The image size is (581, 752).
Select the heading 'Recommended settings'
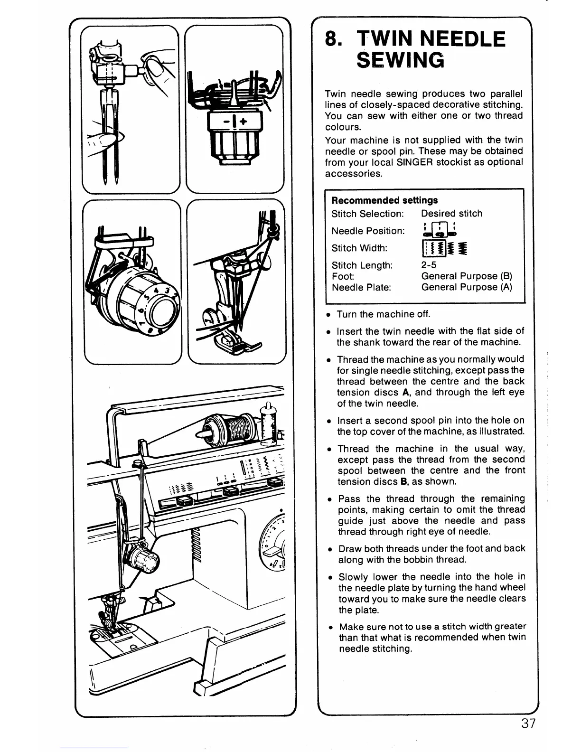point(384,200)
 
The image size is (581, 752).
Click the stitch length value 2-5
point(429,265)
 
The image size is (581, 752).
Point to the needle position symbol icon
point(439,230)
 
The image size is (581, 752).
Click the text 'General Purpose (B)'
point(467,276)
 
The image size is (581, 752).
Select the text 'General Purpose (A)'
point(467,287)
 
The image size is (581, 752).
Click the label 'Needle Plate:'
point(361,287)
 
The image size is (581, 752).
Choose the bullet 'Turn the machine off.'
point(383,314)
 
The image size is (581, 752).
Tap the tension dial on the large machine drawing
point(144,563)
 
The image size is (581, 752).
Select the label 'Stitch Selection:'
point(367,214)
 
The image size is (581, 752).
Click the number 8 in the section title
point(331,38)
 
